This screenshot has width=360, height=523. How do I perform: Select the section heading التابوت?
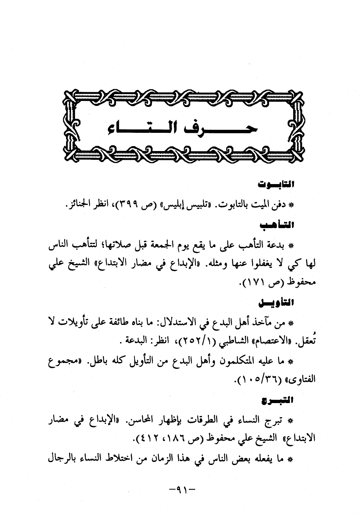(x=276, y=185)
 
